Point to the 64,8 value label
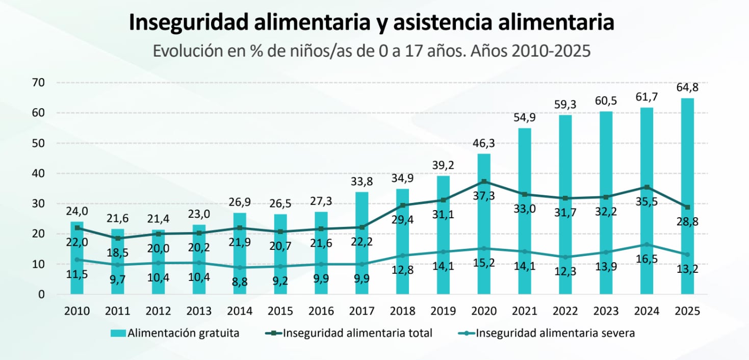click(x=687, y=87)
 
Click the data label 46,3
click(x=484, y=143)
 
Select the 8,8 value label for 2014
click(x=240, y=280)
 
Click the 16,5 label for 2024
click(x=647, y=259)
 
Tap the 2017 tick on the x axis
click(x=361, y=311)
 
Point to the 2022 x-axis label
click(x=565, y=311)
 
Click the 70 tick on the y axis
click(x=38, y=83)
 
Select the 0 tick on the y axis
click(x=41, y=295)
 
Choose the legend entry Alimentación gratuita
click(x=175, y=333)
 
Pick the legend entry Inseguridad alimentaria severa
click(x=546, y=333)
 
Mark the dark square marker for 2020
click(x=484, y=182)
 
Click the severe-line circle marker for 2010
click(x=77, y=260)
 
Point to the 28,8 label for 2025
click(x=687, y=222)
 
